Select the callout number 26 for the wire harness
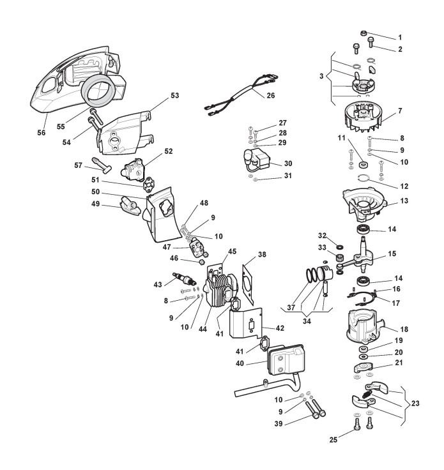coord(270,96)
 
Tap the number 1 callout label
coord(400,38)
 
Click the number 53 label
coord(174,95)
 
